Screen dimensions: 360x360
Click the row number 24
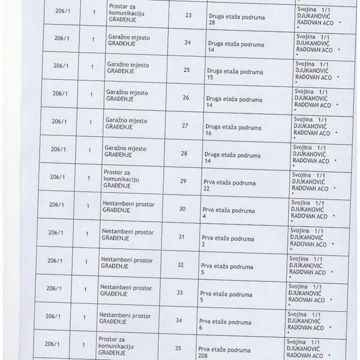(x=188, y=43)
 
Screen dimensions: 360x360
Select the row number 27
(x=185, y=125)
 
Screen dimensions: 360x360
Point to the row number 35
(x=178, y=348)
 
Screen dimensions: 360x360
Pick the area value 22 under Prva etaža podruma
(x=206, y=189)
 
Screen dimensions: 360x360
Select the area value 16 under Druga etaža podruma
(x=209, y=134)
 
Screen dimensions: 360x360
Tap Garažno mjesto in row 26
(x=127, y=92)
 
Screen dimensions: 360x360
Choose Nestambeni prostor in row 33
(x=125, y=287)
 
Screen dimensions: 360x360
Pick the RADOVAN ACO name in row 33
(x=307, y=300)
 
